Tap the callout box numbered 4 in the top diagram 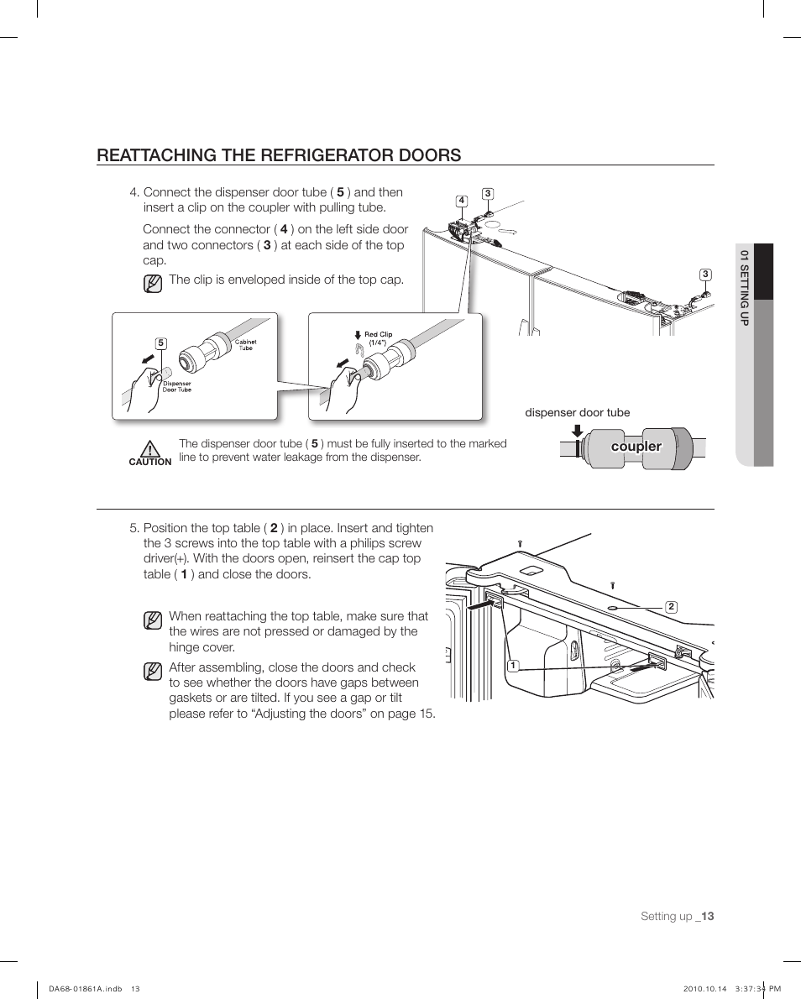462,201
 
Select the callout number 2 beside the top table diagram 671,607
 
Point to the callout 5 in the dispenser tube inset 160,343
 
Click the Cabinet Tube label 245,345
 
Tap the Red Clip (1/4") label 378,338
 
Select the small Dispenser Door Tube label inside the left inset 177,386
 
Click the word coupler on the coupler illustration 636,447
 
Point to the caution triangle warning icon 150,448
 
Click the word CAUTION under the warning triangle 150,462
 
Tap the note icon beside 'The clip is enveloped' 152,283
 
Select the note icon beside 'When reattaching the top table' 152,620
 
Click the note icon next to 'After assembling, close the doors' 152,672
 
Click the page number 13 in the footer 707,917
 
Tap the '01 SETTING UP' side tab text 743,288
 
